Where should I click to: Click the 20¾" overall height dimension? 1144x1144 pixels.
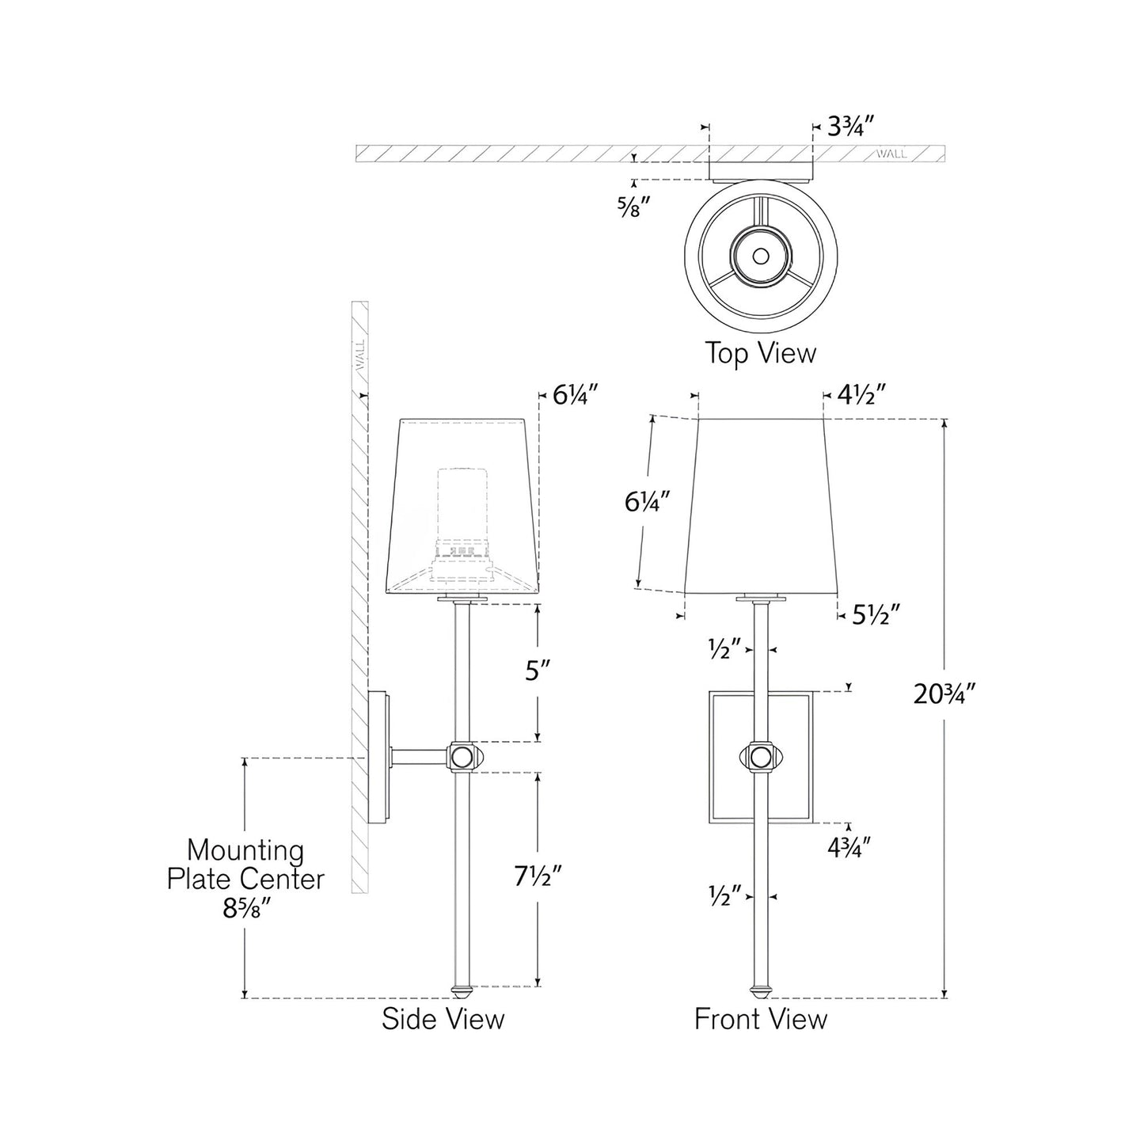pyautogui.click(x=944, y=694)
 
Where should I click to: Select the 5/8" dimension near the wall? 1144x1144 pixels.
pyautogui.click(x=634, y=207)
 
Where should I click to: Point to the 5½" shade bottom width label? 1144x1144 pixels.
pyautogui.click(x=876, y=614)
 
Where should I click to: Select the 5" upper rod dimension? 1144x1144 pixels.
pyautogui.click(x=538, y=671)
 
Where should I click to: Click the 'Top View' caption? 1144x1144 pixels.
pyautogui.click(x=760, y=353)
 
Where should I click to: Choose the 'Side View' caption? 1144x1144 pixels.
pyautogui.click(x=443, y=1018)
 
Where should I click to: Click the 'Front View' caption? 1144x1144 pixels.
pyautogui.click(x=760, y=1018)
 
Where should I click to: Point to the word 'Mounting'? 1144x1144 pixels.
pyautogui.click(x=245, y=851)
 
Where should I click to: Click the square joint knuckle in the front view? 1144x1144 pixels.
pyautogui.click(x=760, y=758)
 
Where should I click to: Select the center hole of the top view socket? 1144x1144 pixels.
pyautogui.click(x=760, y=256)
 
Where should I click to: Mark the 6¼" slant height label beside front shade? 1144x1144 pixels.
pyautogui.click(x=648, y=501)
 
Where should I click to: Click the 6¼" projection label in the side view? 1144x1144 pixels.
pyautogui.click(x=574, y=394)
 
